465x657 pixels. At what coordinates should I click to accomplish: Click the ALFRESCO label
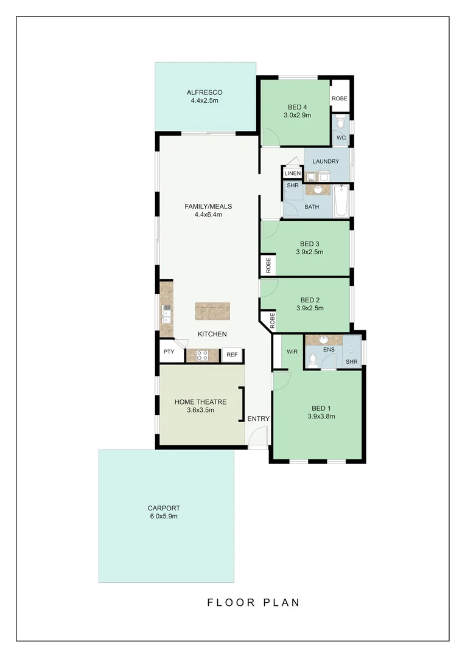(x=205, y=92)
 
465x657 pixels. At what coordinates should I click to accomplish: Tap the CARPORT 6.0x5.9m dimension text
(x=164, y=516)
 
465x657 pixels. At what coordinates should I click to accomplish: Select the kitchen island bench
(x=213, y=311)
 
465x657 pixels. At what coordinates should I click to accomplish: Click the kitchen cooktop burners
(x=202, y=356)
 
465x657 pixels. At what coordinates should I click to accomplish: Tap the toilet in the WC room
(x=341, y=123)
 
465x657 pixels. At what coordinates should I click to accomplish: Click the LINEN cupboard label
(x=292, y=173)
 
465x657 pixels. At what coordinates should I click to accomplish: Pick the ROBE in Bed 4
(x=340, y=99)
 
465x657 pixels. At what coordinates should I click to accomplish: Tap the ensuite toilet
(x=312, y=361)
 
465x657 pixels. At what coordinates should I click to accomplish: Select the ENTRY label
(x=258, y=419)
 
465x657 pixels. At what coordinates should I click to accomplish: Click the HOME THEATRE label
(x=200, y=402)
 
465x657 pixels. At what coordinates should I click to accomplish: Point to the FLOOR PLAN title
(x=253, y=603)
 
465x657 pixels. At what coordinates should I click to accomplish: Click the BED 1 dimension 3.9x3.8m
(x=322, y=417)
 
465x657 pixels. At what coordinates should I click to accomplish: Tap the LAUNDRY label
(x=326, y=161)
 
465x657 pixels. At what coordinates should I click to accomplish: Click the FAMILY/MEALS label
(x=208, y=206)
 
